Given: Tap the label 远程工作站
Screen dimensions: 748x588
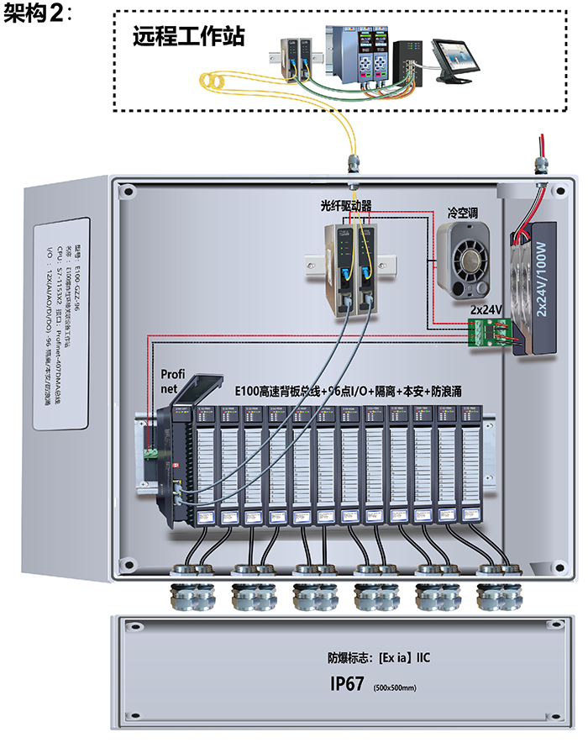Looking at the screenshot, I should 189,37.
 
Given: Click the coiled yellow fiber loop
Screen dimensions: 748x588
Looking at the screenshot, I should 217,81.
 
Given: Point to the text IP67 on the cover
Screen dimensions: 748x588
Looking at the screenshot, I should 346,684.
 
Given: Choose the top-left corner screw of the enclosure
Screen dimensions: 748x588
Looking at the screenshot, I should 128,192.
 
